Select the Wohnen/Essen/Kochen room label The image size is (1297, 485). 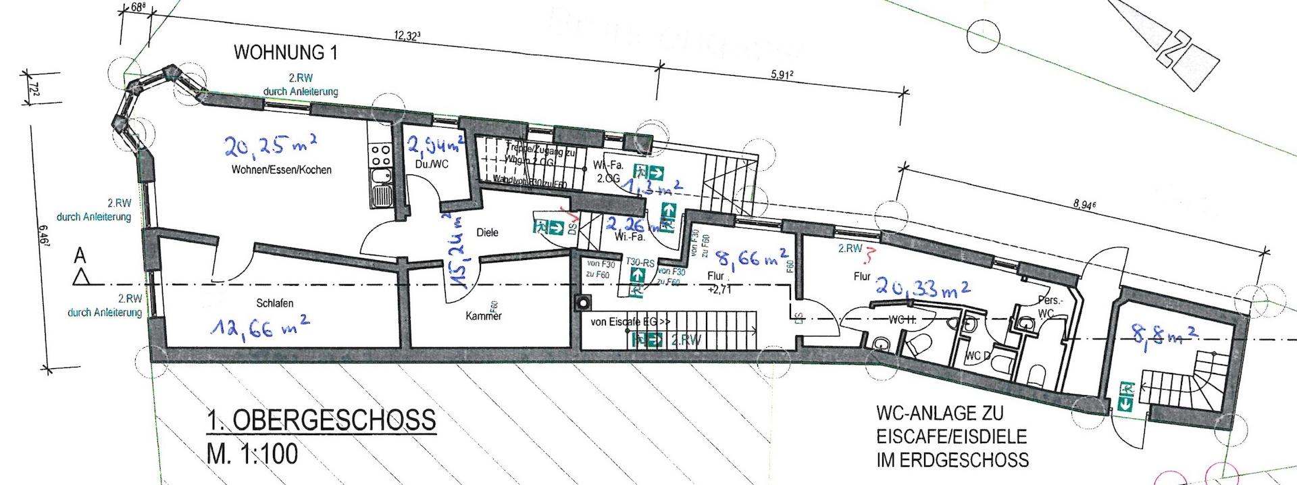[280, 170]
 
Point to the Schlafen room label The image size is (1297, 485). [275, 303]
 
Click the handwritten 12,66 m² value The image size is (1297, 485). [259, 329]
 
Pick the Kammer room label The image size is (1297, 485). [484, 315]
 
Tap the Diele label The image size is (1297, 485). [487, 232]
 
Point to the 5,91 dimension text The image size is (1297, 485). [781, 76]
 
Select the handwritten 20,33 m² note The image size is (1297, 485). [923, 288]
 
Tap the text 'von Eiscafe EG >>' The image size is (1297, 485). [630, 322]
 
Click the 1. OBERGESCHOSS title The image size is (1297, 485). [321, 422]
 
